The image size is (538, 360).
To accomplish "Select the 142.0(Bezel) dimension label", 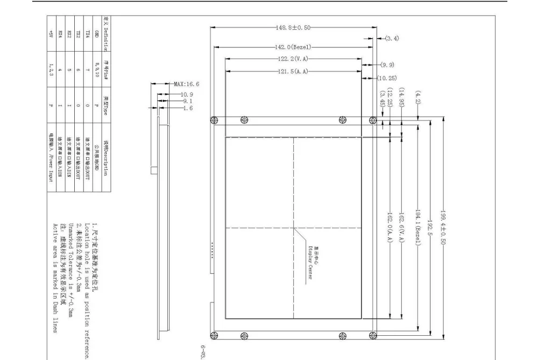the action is click(x=292, y=47).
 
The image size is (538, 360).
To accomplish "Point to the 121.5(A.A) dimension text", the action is click(x=292, y=72).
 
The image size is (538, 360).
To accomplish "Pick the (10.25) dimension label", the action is click(x=387, y=78).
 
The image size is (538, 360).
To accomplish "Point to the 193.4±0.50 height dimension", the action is click(x=443, y=227).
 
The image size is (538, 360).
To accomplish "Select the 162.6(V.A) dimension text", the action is click(x=402, y=227).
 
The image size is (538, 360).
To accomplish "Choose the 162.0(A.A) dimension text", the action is click(x=390, y=227).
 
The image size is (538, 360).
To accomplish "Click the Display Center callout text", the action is click(x=310, y=259).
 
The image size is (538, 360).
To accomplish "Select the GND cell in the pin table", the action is click(x=97, y=36).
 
